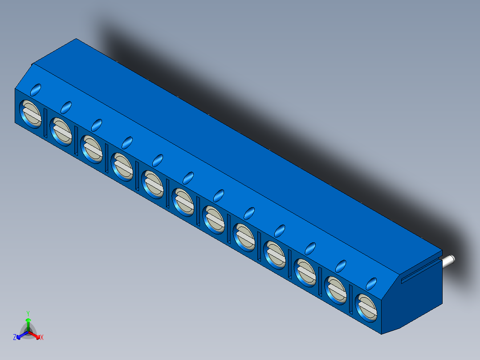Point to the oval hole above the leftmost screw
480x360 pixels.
[36, 90]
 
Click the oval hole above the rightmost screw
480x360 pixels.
[371, 283]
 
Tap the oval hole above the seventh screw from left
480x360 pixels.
[219, 195]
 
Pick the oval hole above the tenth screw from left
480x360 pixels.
[310, 248]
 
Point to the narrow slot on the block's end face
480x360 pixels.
[421, 272]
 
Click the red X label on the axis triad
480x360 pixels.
[42, 337]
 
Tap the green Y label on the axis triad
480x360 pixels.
[28, 313]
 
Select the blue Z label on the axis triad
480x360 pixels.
[15, 337]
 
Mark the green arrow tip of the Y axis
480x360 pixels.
[28, 320]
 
